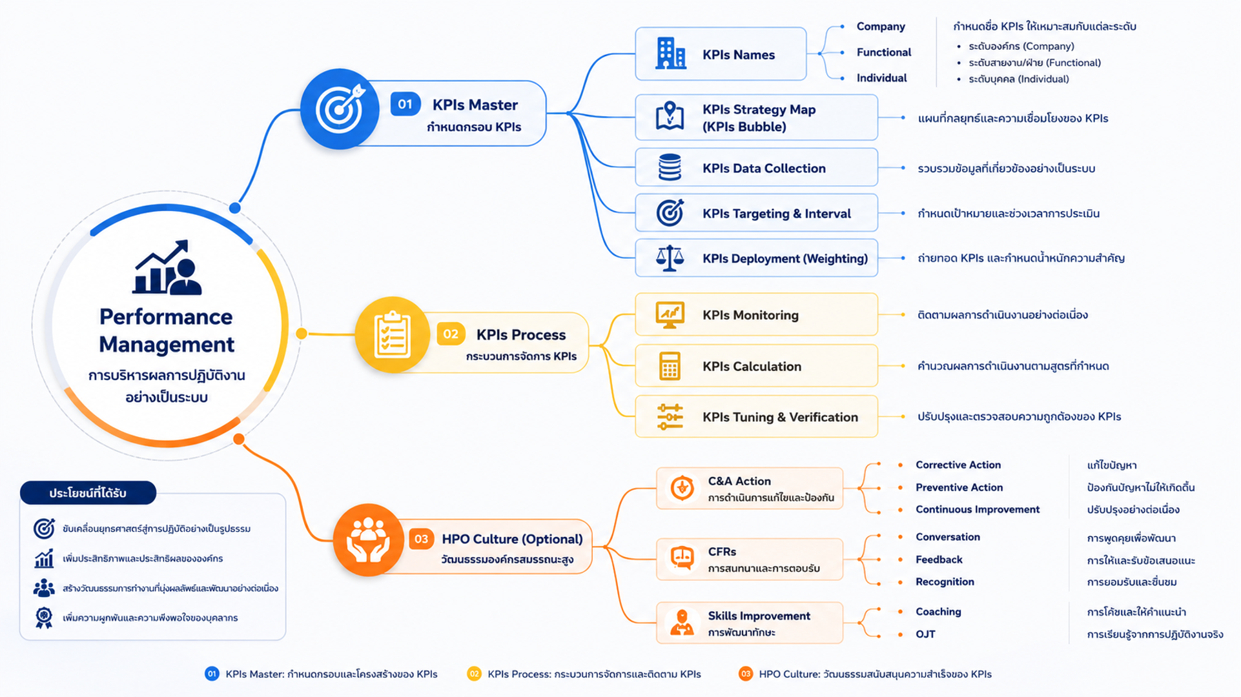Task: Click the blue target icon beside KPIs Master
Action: click(x=340, y=108)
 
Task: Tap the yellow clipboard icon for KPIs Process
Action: click(x=392, y=334)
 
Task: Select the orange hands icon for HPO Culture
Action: click(x=368, y=540)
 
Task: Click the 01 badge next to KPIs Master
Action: click(x=405, y=104)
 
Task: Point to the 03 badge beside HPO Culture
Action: click(x=421, y=539)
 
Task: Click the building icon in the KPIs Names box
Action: click(x=670, y=53)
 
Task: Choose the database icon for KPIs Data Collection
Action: click(x=670, y=167)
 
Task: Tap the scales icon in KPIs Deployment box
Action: click(x=670, y=258)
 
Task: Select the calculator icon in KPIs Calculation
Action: click(x=670, y=366)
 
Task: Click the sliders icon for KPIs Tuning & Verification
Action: click(x=670, y=417)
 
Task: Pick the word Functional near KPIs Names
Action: click(x=883, y=52)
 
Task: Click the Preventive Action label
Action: click(x=959, y=487)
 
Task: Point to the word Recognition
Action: click(x=945, y=581)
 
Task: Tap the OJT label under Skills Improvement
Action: click(x=925, y=634)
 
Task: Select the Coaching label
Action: click(x=938, y=611)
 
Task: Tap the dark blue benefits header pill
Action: click(x=88, y=492)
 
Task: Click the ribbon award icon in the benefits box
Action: click(x=44, y=618)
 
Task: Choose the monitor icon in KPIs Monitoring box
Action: click(x=670, y=315)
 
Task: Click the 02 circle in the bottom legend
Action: click(x=474, y=674)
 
